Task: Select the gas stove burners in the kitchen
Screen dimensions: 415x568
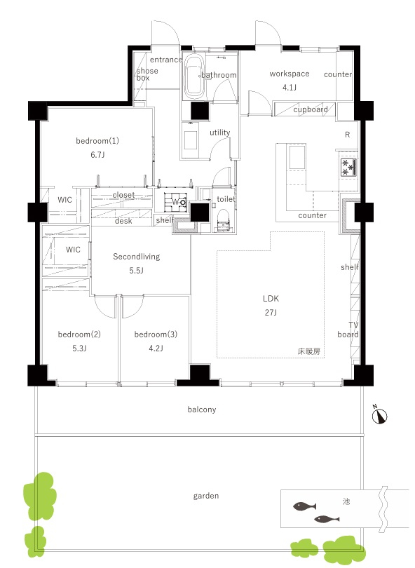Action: [348, 168]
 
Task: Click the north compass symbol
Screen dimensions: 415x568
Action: [379, 415]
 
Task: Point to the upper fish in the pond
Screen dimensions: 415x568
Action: [304, 506]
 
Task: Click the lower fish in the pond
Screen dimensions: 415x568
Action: [327, 519]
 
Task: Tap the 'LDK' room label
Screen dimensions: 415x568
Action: [271, 299]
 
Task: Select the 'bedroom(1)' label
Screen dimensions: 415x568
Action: [97, 140]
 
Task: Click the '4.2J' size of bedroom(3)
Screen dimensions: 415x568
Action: [156, 348]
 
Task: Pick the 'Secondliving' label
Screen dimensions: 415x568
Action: [137, 257]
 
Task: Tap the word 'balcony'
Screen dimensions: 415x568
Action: [202, 410]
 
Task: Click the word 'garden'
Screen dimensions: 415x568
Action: [205, 496]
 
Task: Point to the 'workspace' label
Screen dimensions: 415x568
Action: [290, 74]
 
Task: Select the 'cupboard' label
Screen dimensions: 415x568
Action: [311, 109]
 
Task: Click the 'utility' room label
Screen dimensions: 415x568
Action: [220, 133]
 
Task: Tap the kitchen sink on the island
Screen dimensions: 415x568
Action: [297, 158]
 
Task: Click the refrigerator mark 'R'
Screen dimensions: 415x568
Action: [347, 135]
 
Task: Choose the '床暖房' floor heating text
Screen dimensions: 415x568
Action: [309, 351]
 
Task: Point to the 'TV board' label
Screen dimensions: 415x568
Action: [348, 330]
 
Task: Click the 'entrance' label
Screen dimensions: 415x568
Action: [166, 60]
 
